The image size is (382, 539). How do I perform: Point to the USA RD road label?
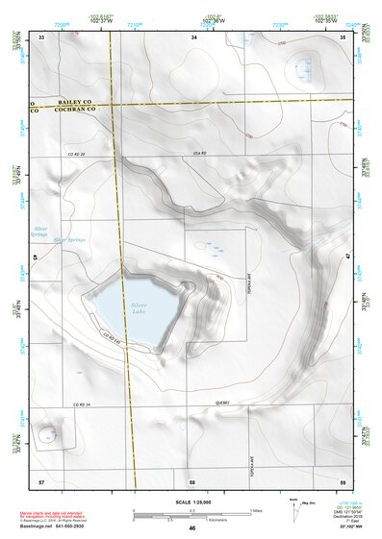200,154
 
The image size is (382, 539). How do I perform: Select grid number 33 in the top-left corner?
41,37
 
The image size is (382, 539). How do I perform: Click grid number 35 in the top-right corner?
344,37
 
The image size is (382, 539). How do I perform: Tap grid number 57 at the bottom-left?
41,479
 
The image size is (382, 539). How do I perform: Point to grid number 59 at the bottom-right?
344,479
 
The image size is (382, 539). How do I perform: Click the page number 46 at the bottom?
191,527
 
